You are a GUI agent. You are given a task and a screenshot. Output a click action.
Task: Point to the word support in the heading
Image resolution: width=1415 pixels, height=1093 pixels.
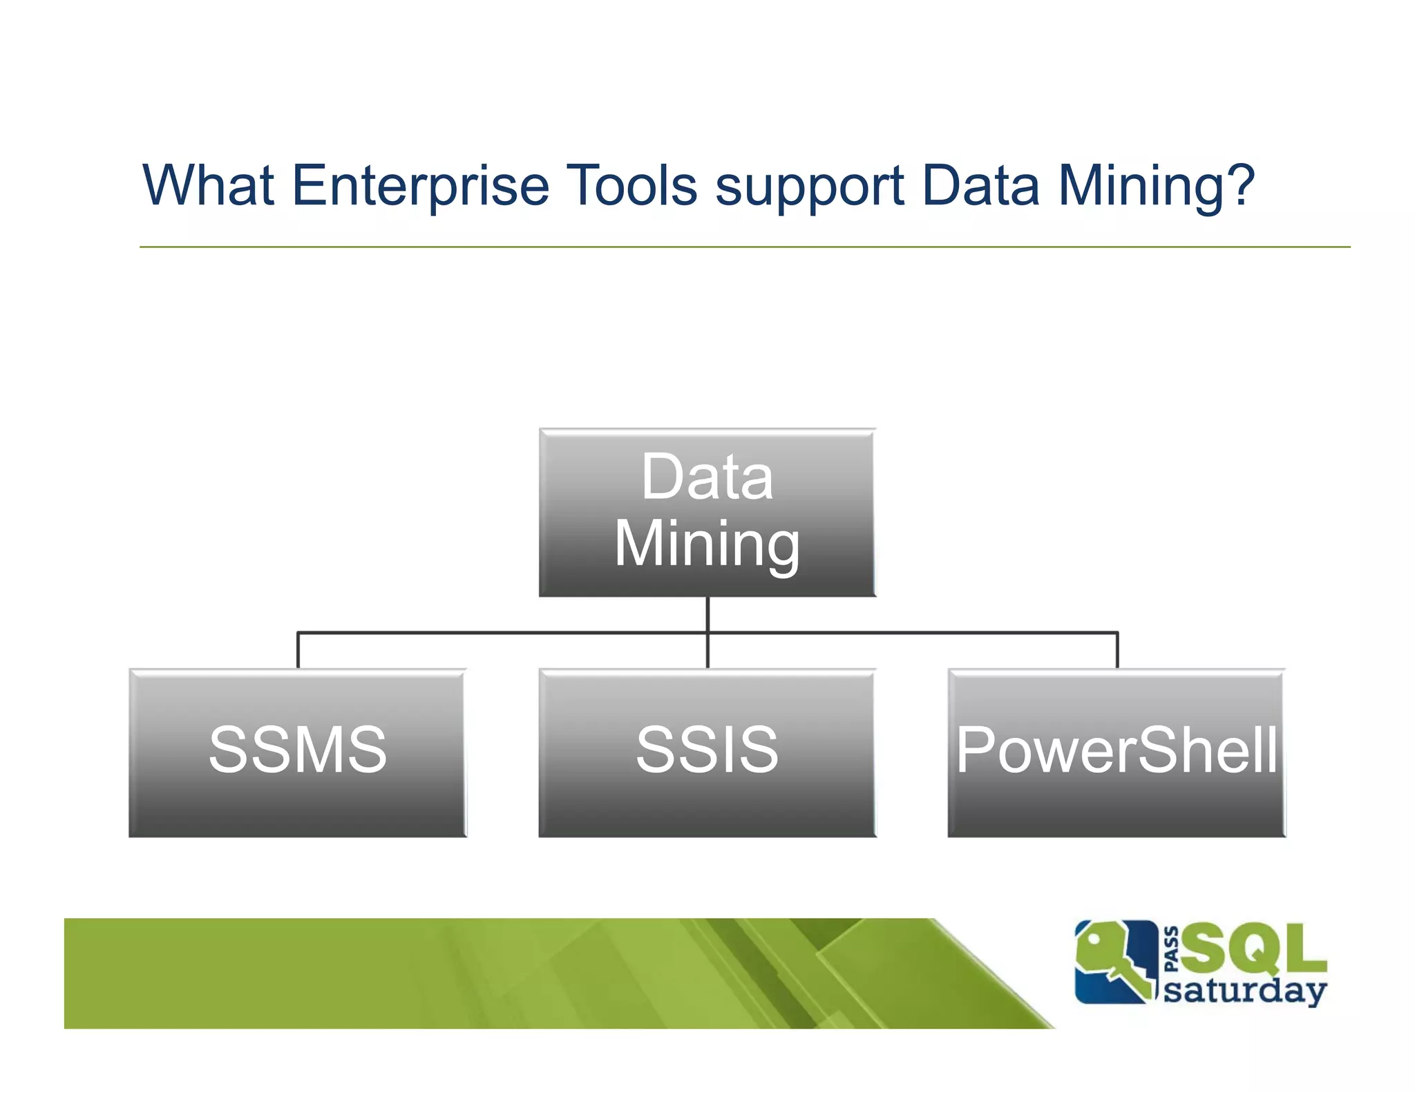[809, 187]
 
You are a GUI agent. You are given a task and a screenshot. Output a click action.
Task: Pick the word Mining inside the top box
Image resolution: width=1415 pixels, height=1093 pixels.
[707, 544]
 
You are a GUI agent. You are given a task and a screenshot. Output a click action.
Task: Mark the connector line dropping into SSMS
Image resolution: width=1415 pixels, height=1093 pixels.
[298, 650]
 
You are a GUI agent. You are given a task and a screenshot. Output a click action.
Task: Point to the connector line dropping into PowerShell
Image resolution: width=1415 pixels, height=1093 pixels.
[1117, 650]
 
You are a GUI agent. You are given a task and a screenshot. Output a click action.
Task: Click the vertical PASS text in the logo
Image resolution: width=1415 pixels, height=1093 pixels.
[1171, 949]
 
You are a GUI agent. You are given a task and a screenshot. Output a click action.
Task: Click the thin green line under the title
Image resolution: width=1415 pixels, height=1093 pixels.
[744, 247]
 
